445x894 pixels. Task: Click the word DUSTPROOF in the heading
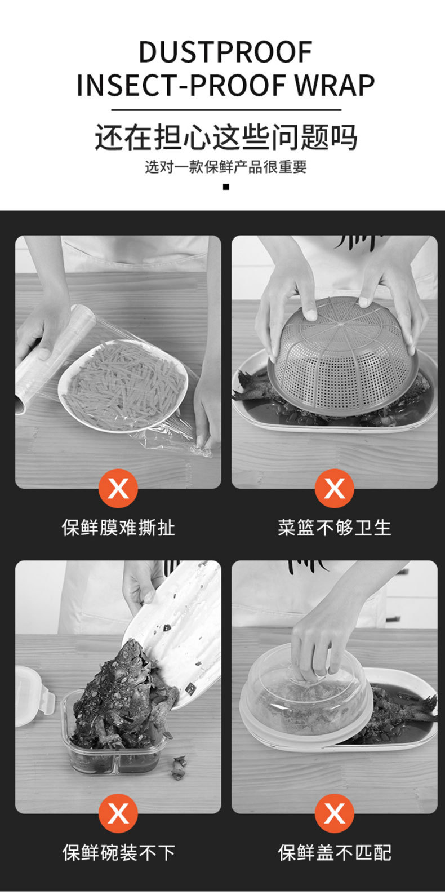[x=225, y=51]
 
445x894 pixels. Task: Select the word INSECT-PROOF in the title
[x=183, y=85]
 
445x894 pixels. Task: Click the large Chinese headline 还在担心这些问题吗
[x=226, y=138]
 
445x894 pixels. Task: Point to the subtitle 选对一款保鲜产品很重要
[x=226, y=166]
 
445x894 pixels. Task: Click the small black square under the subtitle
[x=226, y=187]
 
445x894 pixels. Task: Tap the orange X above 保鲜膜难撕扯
[x=118, y=488]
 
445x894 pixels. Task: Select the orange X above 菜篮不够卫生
[x=334, y=488]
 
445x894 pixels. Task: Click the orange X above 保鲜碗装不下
[x=118, y=813]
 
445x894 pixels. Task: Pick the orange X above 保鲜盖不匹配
[x=334, y=813]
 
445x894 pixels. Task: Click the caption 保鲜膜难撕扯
[x=118, y=528]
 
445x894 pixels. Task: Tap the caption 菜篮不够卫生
[x=335, y=528]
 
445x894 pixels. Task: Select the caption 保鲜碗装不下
[x=118, y=853]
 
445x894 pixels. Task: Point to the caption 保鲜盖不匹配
[x=335, y=853]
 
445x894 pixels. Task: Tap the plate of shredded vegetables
[x=123, y=385]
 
